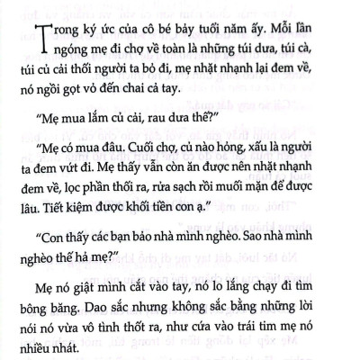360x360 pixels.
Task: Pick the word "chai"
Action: (x=202, y=92)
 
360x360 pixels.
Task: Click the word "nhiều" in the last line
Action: (x=59, y=355)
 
